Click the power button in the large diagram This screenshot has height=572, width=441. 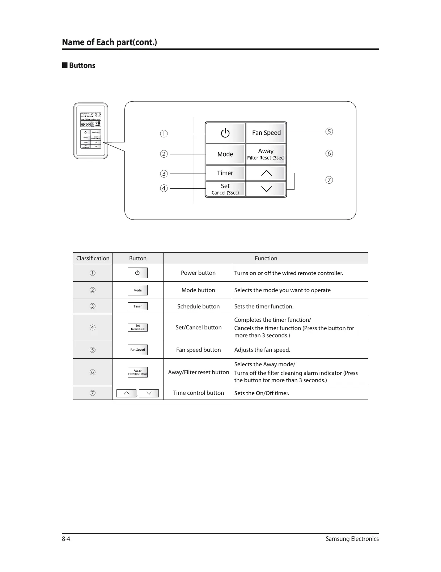point(225,133)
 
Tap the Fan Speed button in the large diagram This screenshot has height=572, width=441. point(266,133)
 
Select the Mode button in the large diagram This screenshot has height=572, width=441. point(225,154)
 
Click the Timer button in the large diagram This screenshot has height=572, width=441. point(225,173)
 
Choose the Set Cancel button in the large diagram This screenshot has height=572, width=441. point(225,189)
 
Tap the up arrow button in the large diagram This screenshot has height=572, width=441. point(266,173)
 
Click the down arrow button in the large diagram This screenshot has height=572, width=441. point(266,189)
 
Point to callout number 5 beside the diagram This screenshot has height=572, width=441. point(329,132)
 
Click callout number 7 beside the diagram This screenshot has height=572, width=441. point(329,180)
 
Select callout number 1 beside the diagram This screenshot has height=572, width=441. point(164,134)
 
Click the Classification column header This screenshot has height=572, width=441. point(93,259)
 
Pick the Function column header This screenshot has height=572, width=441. point(266,259)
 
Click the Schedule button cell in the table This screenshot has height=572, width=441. point(198,307)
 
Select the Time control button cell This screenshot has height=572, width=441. point(198,393)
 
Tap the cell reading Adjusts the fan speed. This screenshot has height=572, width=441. point(262,350)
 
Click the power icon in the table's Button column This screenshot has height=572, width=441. point(137,273)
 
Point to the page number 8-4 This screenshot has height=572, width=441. point(66,539)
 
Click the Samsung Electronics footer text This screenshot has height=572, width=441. point(352,539)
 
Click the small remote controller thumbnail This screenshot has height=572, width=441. point(91,131)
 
